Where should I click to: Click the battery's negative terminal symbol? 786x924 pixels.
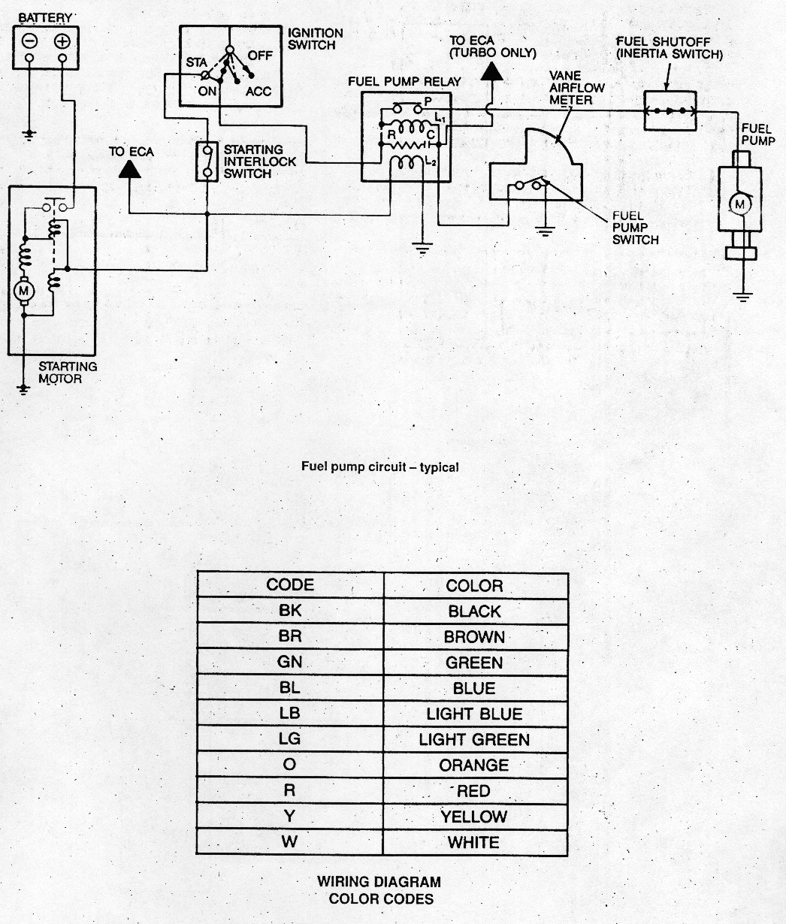pos(29,41)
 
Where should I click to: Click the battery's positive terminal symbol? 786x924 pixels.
pos(62,41)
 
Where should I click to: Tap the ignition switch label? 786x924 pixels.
pos(316,39)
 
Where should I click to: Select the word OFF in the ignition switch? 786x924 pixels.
pos(260,56)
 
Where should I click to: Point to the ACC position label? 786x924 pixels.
pos(258,92)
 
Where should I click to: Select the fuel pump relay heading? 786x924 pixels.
pos(404,81)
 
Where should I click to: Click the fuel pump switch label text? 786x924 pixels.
pos(635,228)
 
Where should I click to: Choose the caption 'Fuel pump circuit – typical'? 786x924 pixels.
pos(380,467)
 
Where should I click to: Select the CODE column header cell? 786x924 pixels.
pos(290,585)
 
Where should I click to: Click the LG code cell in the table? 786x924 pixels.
pos(290,739)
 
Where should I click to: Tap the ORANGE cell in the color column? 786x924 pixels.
pos(475,765)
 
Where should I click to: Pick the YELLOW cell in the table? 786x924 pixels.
pos(475,817)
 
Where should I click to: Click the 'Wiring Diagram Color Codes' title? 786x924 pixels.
pos(379,889)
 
